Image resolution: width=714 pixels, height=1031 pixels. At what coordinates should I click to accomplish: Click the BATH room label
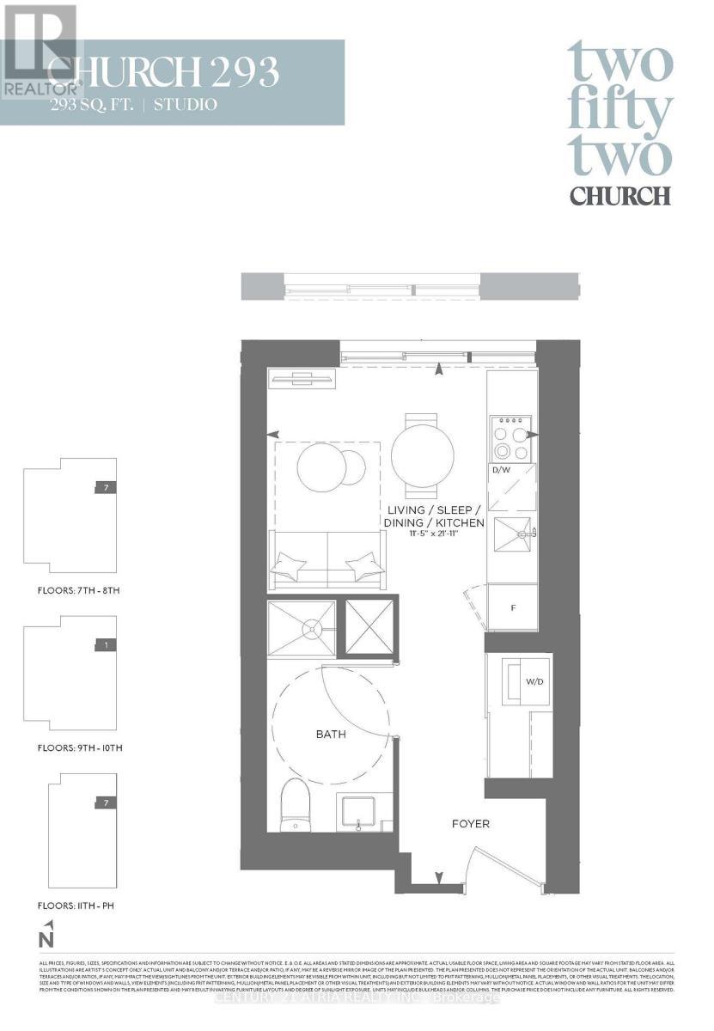(331, 735)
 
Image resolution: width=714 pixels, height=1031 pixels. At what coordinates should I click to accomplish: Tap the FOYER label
(471, 824)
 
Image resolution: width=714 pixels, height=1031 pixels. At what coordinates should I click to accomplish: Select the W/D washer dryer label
(534, 681)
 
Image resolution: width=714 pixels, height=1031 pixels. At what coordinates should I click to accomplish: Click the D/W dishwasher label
(502, 470)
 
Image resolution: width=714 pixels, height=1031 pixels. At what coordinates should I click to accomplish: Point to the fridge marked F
(513, 607)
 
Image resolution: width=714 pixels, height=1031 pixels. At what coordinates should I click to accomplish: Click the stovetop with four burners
(511, 439)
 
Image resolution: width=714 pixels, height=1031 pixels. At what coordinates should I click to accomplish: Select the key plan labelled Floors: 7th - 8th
(70, 515)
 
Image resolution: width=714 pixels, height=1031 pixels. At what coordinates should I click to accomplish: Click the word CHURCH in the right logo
(619, 195)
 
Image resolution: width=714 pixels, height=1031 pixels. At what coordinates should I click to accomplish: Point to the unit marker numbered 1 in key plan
(104, 645)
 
